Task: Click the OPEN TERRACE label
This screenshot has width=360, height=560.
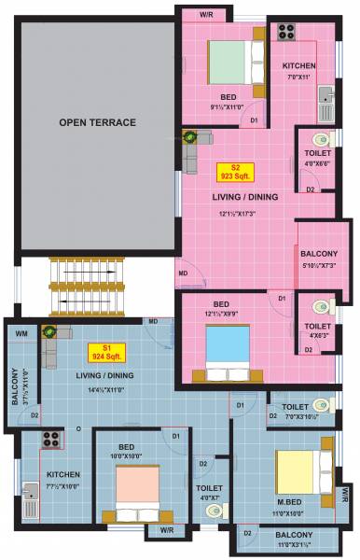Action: [98, 122]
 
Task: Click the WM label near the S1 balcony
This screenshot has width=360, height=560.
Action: [21, 333]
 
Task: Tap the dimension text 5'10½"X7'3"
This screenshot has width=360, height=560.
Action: [325, 266]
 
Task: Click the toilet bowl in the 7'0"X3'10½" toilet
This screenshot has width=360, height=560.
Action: [322, 405]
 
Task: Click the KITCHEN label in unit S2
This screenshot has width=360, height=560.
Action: [299, 65]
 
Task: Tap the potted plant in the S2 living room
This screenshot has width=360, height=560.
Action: [192, 137]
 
